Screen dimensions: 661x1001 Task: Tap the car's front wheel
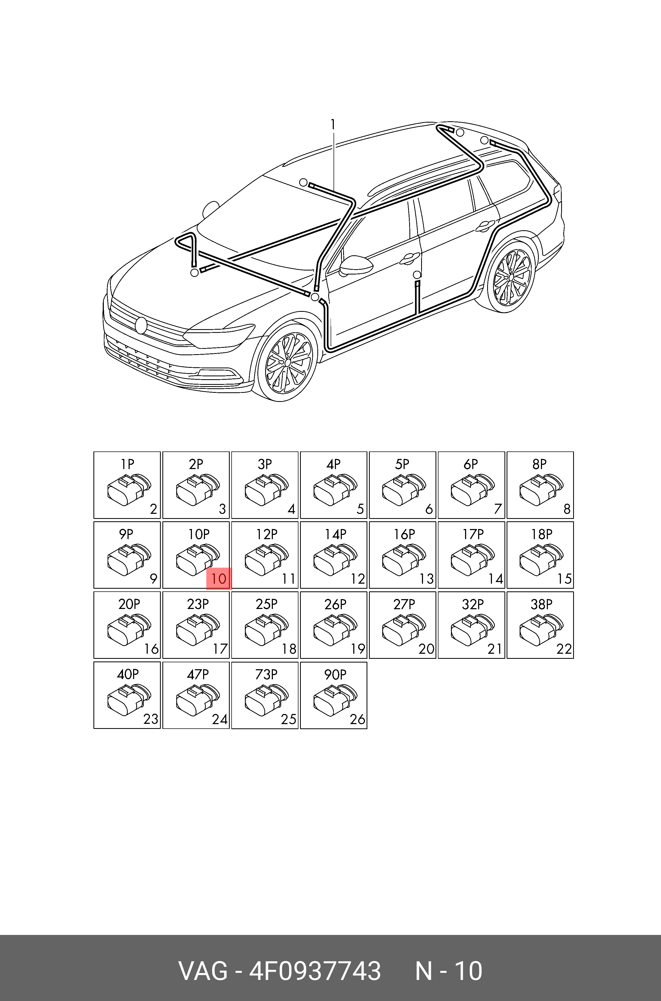[287, 362]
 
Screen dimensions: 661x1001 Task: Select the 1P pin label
[127, 464]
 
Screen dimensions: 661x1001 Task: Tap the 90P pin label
[335, 674]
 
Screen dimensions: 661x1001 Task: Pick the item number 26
[358, 719]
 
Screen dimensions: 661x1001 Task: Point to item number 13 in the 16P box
[427, 579]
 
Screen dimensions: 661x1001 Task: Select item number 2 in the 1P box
[153, 509]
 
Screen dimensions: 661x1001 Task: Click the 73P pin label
[266, 674]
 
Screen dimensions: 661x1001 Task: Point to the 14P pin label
[335, 534]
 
